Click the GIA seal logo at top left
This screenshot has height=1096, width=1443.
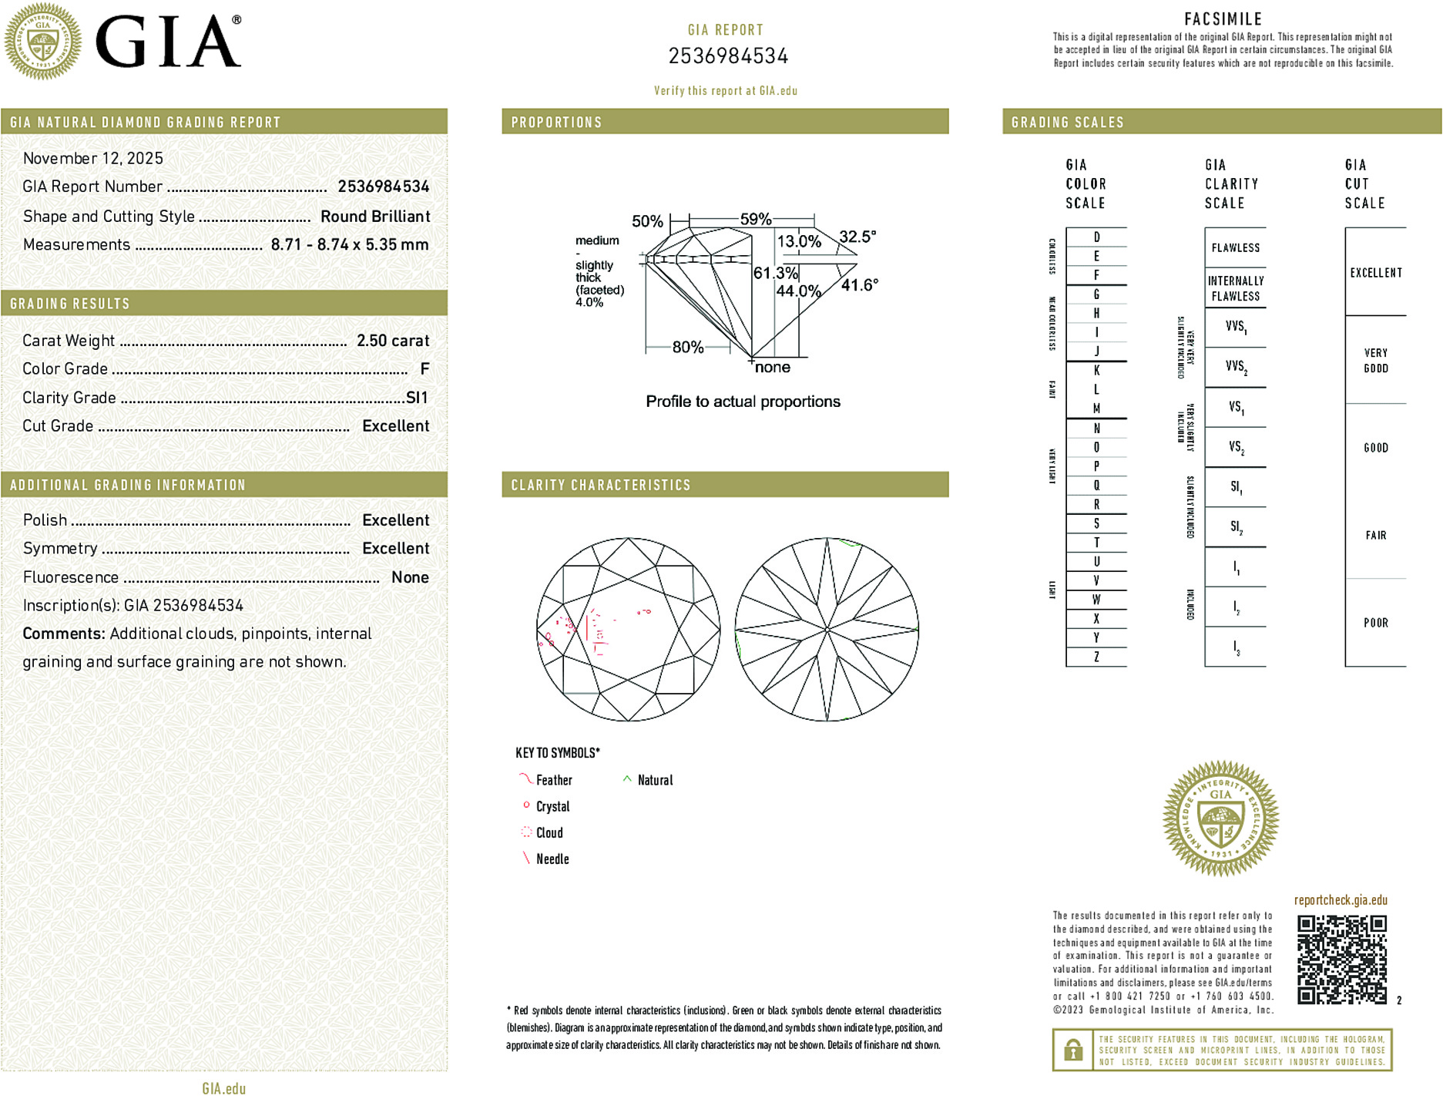[43, 41]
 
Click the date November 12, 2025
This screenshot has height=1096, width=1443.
[93, 158]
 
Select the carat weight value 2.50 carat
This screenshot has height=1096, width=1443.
[393, 341]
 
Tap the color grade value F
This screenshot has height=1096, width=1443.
[425, 369]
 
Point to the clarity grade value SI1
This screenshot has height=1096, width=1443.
[417, 398]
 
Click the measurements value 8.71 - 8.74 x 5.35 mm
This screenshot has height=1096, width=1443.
[350, 244]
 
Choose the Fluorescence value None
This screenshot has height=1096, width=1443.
[410, 577]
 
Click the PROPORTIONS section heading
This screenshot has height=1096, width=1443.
[556, 123]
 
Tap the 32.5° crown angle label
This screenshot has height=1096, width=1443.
[857, 237]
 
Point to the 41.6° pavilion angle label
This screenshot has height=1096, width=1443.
[859, 285]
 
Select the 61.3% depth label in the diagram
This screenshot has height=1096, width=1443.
[775, 273]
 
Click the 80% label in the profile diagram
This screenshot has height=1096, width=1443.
[687, 348]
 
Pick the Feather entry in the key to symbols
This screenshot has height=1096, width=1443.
[554, 780]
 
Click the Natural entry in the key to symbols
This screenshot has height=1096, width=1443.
[655, 780]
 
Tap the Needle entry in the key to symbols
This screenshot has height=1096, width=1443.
[552, 859]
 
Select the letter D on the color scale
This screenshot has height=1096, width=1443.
[1096, 237]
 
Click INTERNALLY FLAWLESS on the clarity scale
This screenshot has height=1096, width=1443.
[1235, 288]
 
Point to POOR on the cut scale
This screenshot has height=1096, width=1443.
[1375, 623]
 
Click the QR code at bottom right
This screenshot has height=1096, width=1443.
[1341, 960]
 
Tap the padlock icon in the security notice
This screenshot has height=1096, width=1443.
[1072, 1050]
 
